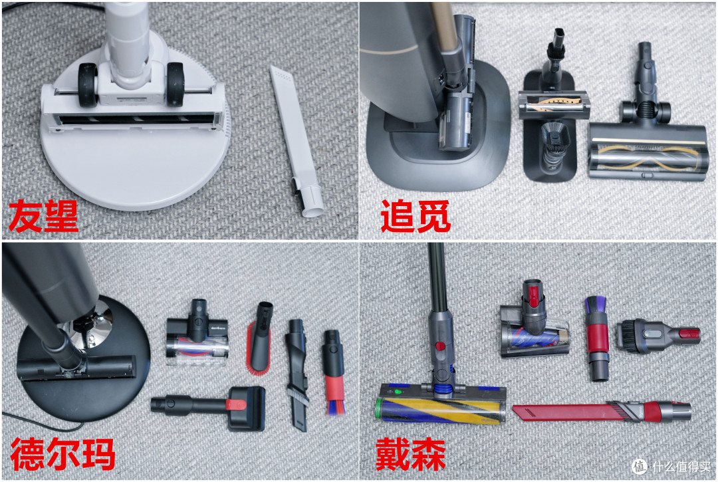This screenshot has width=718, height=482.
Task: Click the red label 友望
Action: pyautogui.click(x=43, y=217)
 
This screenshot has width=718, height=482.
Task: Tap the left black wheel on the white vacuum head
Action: pyautogui.click(x=88, y=84)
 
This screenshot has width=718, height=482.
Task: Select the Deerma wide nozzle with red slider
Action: pyautogui.click(x=213, y=404)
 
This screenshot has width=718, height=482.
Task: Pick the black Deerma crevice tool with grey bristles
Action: pyautogui.click(x=296, y=372)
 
